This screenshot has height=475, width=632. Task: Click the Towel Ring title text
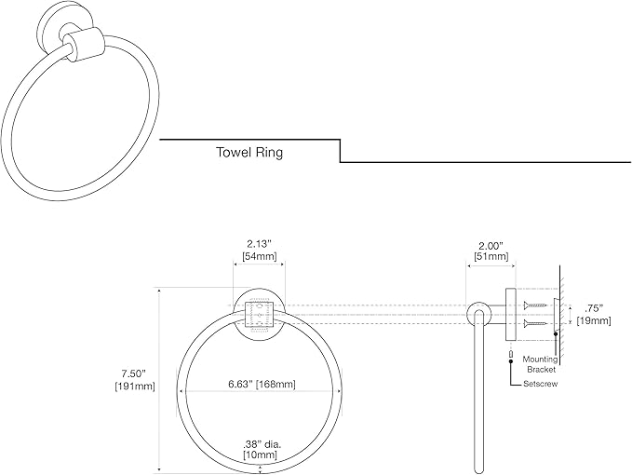(x=249, y=153)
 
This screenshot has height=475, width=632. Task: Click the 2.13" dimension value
(x=260, y=244)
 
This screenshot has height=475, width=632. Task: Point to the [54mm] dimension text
(x=260, y=255)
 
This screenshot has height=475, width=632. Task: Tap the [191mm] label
(x=135, y=387)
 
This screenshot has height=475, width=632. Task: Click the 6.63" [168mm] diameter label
(x=262, y=384)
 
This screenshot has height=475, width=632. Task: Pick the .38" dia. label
(x=262, y=445)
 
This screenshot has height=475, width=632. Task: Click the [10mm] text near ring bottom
(x=260, y=455)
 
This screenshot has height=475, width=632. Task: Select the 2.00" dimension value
(x=491, y=246)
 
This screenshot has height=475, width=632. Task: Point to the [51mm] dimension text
(x=491, y=256)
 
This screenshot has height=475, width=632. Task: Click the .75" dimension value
(x=594, y=309)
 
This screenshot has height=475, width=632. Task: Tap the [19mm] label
(x=594, y=321)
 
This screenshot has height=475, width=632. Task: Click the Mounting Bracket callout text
(x=541, y=364)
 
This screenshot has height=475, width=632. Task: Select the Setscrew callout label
(x=541, y=384)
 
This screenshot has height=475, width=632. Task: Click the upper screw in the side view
(x=535, y=305)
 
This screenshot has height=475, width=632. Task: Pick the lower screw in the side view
(x=535, y=323)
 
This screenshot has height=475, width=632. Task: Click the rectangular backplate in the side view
(x=511, y=314)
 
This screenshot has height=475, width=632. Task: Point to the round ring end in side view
(x=478, y=314)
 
